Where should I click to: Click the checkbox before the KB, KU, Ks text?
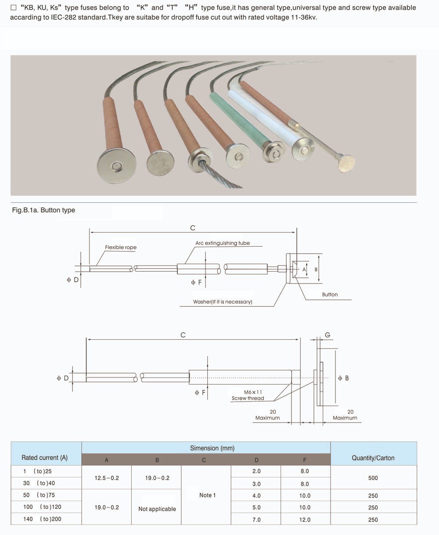[14, 7]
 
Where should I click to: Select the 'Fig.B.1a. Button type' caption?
[43, 210]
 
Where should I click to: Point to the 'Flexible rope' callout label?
[121, 247]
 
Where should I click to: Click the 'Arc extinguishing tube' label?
[223, 243]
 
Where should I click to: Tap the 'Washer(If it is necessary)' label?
[223, 302]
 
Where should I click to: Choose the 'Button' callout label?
[330, 294]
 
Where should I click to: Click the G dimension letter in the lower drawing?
[327, 335]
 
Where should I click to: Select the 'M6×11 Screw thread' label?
[248, 395]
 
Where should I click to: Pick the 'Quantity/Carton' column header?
[373, 458]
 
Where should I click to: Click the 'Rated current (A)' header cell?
[45, 458]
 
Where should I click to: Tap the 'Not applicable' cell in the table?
[157, 509]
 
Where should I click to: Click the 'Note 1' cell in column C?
[207, 495]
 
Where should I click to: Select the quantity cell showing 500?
[373, 478]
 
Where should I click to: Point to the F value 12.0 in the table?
[305, 520]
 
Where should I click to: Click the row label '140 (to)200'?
[43, 519]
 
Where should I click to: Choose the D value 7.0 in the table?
[256, 520]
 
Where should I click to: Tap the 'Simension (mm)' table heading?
[212, 448]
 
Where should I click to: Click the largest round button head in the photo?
[116, 166]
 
